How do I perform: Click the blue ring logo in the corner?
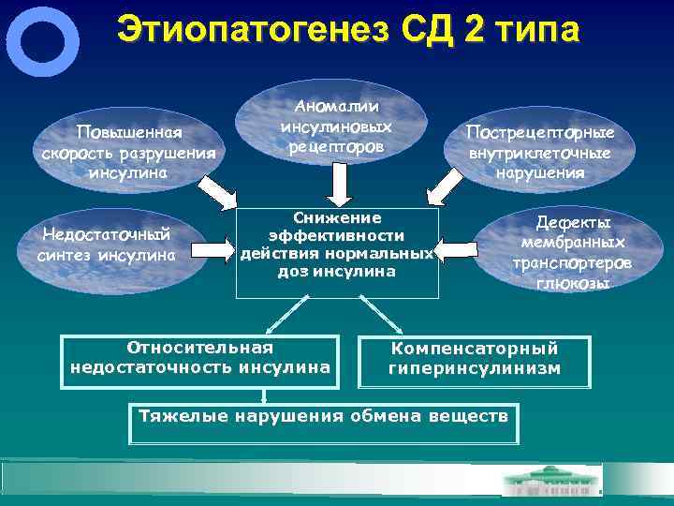42,42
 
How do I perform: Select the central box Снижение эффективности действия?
337,244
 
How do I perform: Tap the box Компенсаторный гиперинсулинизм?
475,359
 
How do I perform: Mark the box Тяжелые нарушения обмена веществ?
324,415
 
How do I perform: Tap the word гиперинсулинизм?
475,369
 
